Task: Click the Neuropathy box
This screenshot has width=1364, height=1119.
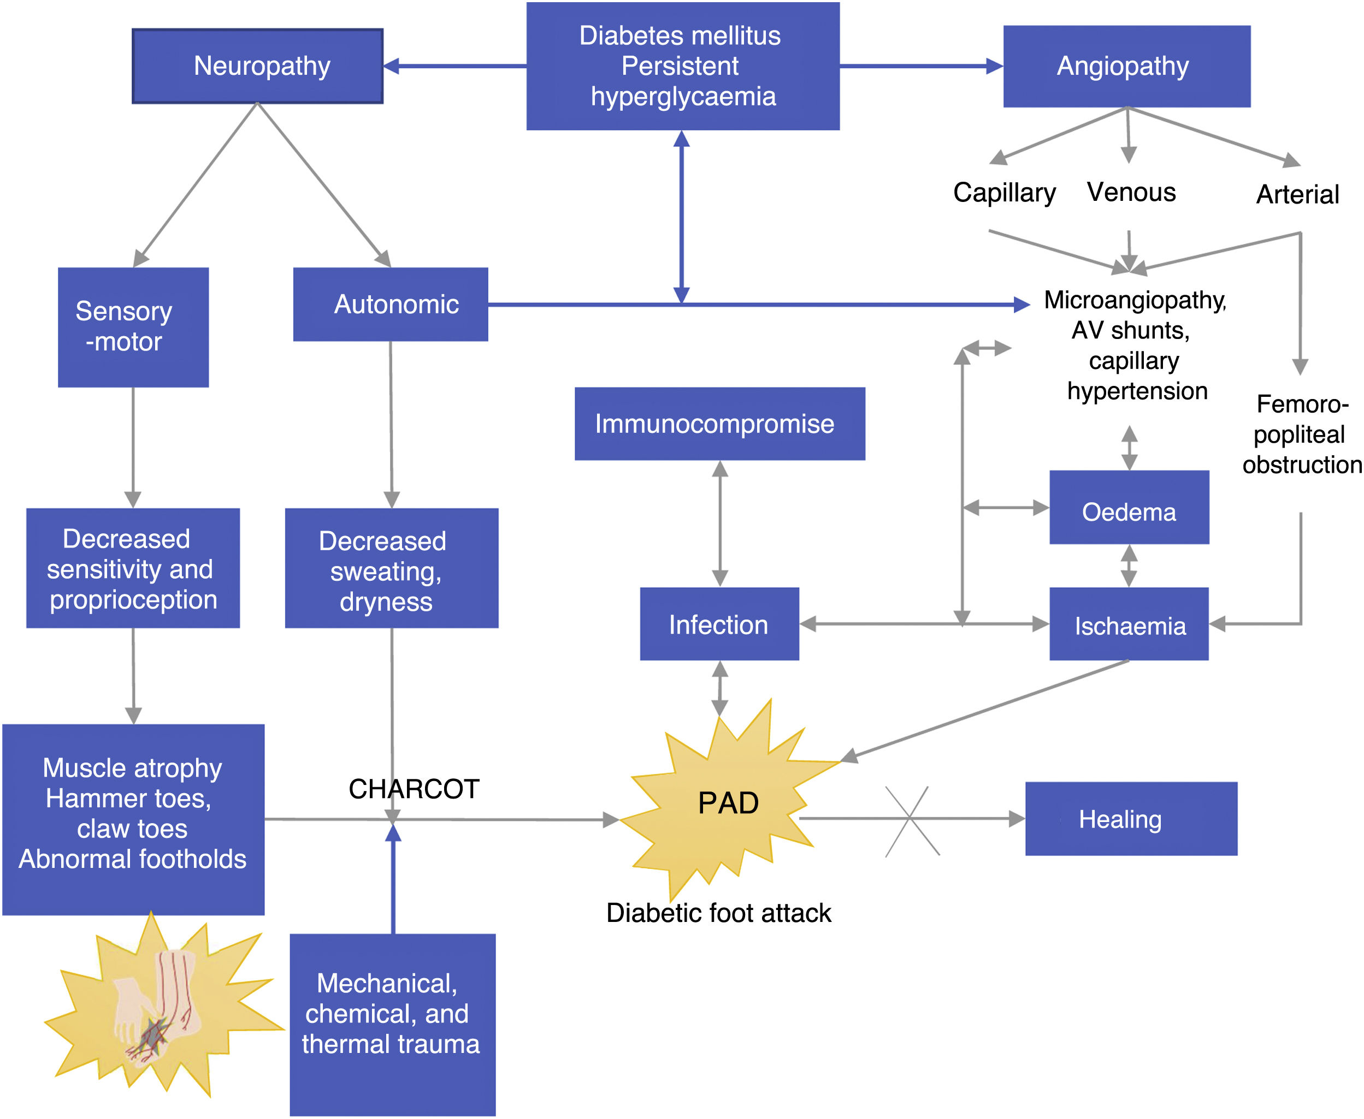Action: coord(257,66)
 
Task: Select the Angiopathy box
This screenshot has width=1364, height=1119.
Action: coord(1126,66)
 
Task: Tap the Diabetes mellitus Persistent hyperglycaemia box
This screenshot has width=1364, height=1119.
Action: coord(682,66)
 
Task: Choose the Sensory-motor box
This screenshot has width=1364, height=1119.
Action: coord(133,327)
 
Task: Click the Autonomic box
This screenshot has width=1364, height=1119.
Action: coord(390,304)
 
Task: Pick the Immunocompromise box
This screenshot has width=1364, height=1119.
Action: coord(719,424)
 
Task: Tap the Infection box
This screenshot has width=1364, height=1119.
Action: coord(719,624)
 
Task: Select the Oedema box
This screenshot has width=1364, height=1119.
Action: coord(1129,507)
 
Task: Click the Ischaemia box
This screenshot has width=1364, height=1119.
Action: coord(1129,624)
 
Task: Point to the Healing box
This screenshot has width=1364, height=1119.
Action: coord(1131,819)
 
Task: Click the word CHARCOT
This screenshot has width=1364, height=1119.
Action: coord(414,789)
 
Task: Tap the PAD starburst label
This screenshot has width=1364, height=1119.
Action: coord(728,803)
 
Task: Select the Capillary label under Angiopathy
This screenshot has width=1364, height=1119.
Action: coord(1004,192)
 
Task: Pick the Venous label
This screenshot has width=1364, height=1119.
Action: coord(1131,192)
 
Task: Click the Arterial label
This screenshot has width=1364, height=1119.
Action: coord(1297,194)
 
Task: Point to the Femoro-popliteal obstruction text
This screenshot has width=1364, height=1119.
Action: coord(1301,434)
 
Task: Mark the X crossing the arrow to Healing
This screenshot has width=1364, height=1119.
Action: coord(911,820)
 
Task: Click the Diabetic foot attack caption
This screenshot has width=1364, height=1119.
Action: coord(718,913)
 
